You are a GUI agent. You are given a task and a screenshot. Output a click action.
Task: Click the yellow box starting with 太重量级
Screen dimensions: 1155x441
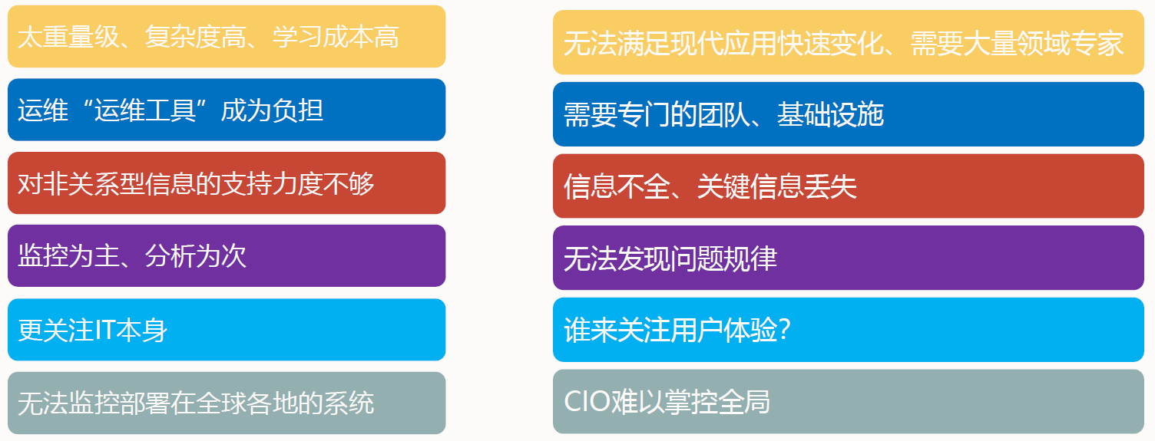click(227, 37)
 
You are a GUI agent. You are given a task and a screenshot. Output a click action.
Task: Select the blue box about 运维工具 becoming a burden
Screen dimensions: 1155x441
click(227, 110)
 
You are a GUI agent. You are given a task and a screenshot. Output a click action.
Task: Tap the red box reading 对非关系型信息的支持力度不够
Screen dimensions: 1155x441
click(227, 183)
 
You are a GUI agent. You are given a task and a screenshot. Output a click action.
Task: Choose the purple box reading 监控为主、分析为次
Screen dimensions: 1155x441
click(227, 255)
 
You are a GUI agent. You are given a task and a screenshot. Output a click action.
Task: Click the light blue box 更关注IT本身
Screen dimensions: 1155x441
click(227, 330)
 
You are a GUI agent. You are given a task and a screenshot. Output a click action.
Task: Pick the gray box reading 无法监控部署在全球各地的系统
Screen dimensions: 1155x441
click(227, 403)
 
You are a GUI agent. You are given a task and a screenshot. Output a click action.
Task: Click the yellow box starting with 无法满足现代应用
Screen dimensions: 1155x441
click(848, 42)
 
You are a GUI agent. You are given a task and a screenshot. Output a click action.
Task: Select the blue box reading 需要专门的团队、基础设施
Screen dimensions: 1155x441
click(848, 114)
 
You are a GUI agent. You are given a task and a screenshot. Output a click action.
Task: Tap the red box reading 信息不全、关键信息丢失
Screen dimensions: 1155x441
click(848, 186)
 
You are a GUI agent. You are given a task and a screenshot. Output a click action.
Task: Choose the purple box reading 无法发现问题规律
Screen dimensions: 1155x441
click(848, 258)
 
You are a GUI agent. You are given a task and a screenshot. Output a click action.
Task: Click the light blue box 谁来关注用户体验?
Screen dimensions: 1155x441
click(848, 330)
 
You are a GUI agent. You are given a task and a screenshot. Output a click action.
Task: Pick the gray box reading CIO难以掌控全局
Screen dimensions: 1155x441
click(848, 401)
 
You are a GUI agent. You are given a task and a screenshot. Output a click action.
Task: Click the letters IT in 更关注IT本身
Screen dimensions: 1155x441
click(104, 330)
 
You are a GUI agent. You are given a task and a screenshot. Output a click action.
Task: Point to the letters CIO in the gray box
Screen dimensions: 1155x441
click(587, 401)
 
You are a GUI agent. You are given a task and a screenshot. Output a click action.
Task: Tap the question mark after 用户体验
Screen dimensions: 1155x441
click(784, 330)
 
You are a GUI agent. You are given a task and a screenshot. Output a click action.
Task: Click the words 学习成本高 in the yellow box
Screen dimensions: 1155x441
click(336, 37)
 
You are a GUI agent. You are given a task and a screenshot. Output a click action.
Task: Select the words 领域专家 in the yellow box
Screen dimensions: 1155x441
click(1071, 43)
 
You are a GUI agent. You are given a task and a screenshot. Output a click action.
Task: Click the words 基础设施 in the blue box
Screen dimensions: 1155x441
click(831, 114)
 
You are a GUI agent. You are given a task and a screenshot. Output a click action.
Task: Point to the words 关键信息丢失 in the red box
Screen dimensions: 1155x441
click(777, 186)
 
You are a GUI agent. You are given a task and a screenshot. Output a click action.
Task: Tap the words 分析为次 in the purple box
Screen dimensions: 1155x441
click(196, 256)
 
